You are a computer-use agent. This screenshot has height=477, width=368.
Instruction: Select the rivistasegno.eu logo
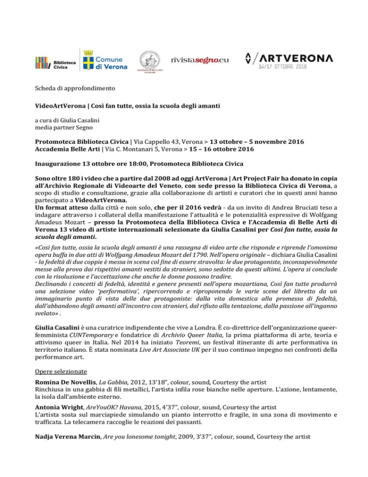pos(199,59)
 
